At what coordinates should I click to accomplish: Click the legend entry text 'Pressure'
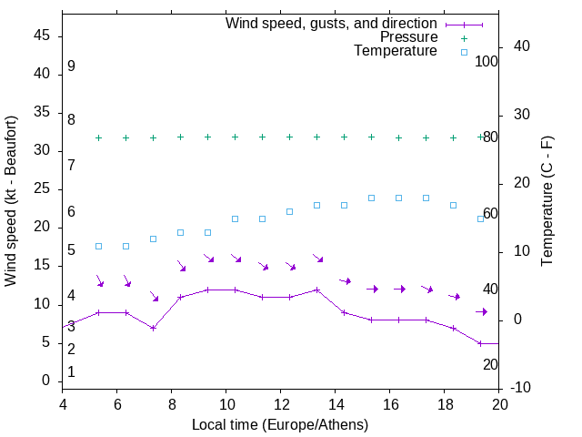(409, 37)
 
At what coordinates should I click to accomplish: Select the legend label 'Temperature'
(396, 52)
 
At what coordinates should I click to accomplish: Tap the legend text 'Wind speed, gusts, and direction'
(332, 23)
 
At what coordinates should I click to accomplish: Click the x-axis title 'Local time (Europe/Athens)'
(280, 424)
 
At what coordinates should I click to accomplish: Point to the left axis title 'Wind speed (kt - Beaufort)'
(12, 200)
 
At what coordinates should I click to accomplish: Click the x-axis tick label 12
(281, 404)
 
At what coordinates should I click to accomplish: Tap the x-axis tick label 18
(445, 404)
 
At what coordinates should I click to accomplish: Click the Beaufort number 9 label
(71, 66)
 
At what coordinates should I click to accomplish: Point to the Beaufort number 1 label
(71, 372)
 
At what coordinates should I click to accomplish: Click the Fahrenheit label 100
(487, 61)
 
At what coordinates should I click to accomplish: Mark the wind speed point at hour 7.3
(154, 328)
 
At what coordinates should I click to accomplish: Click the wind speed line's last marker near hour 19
(481, 343)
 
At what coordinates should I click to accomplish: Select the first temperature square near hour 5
(99, 247)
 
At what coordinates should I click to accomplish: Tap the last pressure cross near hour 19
(481, 137)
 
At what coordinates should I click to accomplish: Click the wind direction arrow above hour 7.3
(155, 297)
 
